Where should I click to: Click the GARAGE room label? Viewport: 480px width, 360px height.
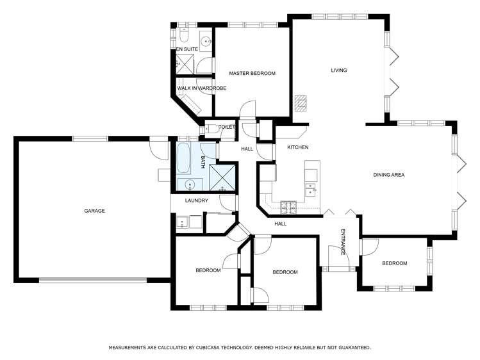(x=95, y=211)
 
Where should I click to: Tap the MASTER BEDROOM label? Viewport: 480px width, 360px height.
(x=252, y=74)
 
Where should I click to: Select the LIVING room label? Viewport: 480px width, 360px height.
(x=339, y=70)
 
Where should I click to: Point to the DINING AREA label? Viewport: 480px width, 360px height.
(x=389, y=175)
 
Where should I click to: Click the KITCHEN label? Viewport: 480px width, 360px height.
(x=298, y=147)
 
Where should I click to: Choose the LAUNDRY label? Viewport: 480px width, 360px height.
(x=197, y=200)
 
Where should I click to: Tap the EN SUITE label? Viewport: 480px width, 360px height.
(x=187, y=49)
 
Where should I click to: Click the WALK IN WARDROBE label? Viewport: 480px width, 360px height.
(x=202, y=88)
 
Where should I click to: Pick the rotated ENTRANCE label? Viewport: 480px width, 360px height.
(x=343, y=242)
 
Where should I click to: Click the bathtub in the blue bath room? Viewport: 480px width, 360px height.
(x=184, y=158)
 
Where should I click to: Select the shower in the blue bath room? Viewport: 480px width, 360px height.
(x=222, y=178)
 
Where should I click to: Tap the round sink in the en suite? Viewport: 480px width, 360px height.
(x=206, y=41)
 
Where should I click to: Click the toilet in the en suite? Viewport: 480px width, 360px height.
(x=184, y=35)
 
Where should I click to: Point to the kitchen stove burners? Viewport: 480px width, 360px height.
(x=288, y=208)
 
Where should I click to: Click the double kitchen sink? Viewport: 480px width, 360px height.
(x=311, y=190)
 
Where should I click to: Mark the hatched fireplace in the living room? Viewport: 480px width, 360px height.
(x=301, y=104)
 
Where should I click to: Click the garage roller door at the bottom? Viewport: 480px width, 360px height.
(x=93, y=280)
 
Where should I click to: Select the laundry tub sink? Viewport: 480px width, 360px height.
(x=183, y=222)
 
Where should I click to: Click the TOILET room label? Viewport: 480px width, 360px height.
(x=226, y=127)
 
